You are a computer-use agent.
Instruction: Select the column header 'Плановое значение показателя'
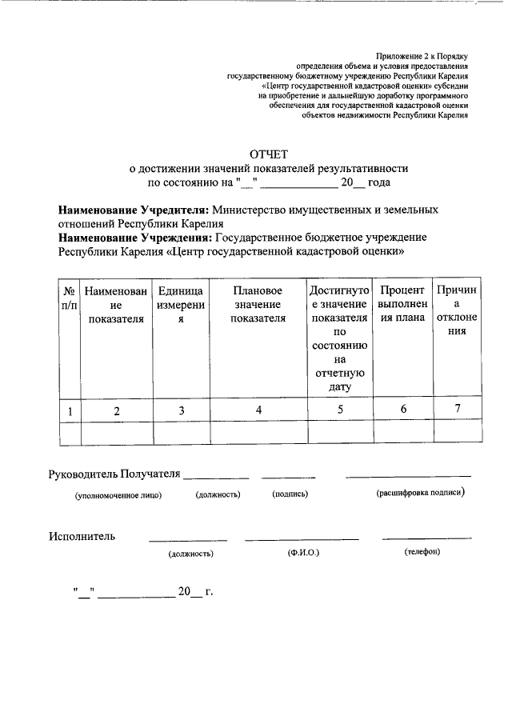258,305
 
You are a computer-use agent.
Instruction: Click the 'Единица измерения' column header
182,305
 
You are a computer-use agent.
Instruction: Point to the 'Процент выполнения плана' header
403,305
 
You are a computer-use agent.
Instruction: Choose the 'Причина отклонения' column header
457,311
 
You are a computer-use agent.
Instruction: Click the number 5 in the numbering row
340,410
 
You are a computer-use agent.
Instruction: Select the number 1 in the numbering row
70,411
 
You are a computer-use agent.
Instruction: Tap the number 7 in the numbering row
457,410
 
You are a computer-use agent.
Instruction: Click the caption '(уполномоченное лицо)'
118,495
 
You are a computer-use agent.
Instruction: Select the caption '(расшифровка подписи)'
420,494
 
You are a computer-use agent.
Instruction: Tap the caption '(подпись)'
290,495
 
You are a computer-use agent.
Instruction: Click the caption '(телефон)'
422,552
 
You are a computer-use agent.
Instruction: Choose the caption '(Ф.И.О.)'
303,553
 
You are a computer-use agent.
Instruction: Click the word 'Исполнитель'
82,536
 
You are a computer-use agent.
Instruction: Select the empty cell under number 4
258,432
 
